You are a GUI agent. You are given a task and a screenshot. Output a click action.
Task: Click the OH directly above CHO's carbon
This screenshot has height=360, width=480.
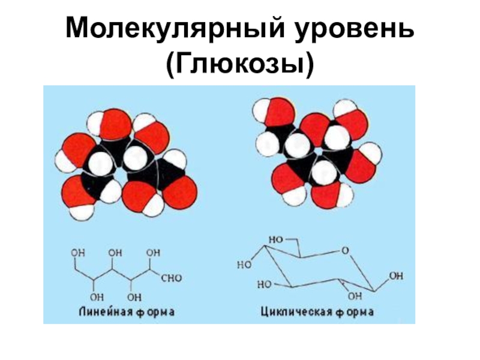(x=154, y=253)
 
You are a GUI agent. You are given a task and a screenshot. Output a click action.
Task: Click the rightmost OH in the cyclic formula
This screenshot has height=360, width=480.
(x=396, y=277)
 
